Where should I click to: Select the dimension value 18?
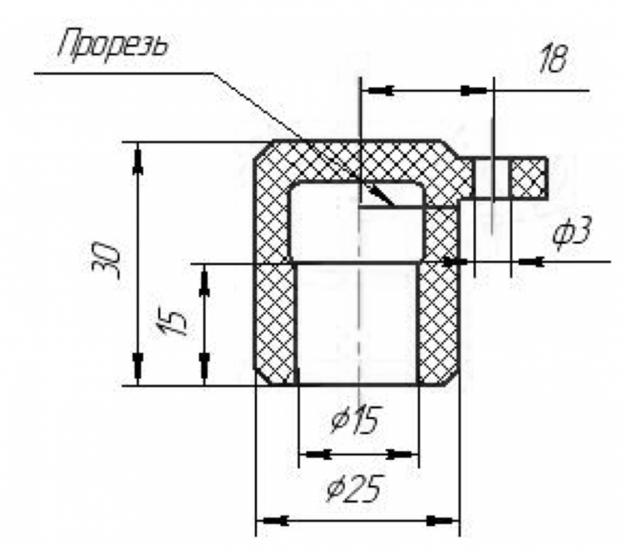click(x=554, y=60)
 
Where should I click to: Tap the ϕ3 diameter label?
click(x=571, y=233)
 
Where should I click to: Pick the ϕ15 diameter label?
click(x=356, y=418)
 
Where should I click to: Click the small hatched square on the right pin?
click(x=528, y=177)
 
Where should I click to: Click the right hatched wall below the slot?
click(x=439, y=303)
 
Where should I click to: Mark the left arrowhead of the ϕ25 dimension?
click(x=271, y=519)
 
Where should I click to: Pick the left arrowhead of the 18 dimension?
click(x=380, y=90)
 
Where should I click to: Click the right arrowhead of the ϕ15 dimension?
click(x=406, y=454)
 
